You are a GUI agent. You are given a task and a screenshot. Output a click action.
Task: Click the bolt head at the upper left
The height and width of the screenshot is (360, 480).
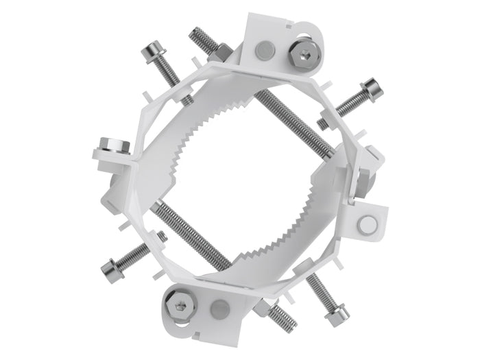[152, 52]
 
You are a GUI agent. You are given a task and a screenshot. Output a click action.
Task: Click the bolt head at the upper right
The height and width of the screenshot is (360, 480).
[372, 88]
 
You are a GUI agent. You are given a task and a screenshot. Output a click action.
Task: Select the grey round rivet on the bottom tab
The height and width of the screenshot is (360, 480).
[218, 307]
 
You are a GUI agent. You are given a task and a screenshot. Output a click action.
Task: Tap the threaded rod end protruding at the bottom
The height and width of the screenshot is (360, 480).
[283, 320]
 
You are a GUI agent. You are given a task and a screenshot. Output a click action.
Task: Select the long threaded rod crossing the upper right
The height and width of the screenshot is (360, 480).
[295, 123]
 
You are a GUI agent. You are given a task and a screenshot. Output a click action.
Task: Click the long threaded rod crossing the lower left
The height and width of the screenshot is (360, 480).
[189, 233]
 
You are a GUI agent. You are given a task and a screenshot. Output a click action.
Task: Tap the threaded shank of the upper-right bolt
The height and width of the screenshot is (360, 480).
[346, 105]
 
